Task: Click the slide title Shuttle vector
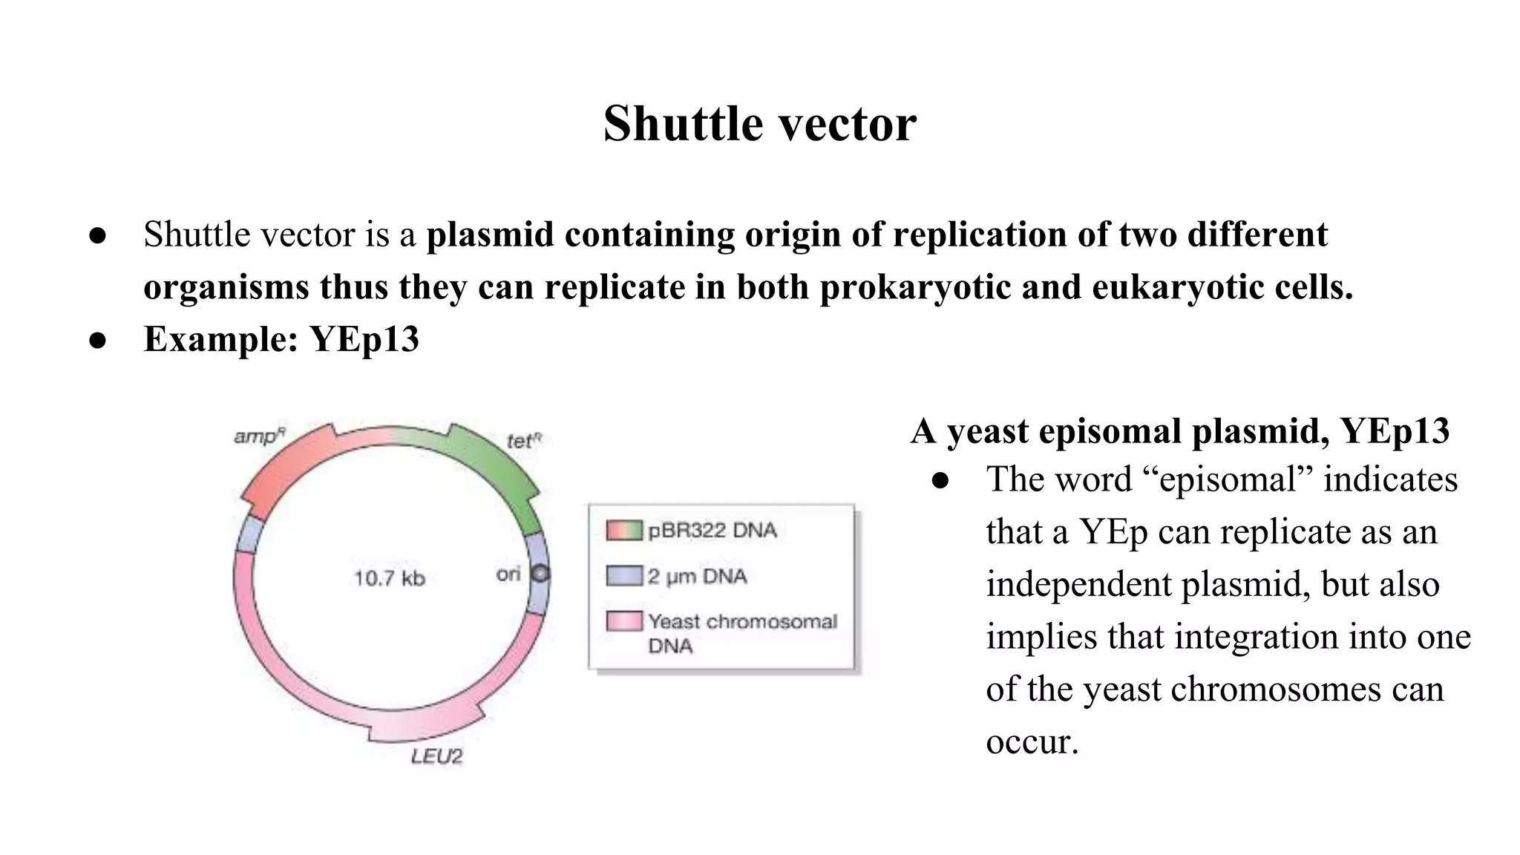759,123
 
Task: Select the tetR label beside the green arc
524,441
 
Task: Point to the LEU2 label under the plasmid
436,756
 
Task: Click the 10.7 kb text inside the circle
389,578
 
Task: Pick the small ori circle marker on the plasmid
541,574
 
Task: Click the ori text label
508,574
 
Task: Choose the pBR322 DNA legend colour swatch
623,531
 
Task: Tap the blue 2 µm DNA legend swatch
623,576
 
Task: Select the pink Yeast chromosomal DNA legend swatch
623,621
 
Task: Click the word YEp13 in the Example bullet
364,339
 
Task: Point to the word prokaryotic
915,287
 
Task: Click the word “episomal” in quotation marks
1228,479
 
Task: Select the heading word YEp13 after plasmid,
1395,431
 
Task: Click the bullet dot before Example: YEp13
98,341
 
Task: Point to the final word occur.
1032,741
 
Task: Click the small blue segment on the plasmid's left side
249,534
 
